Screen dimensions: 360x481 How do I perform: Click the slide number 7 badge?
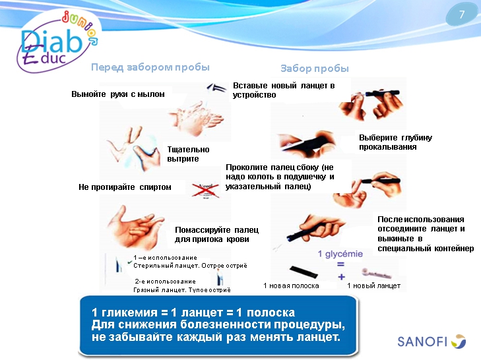[x=461, y=15]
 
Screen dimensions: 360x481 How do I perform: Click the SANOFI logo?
[x=432, y=341]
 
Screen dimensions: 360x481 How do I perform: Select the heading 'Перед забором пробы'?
[x=150, y=67]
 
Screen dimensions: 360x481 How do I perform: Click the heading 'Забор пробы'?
[x=314, y=69]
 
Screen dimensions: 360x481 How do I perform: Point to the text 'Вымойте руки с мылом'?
[x=117, y=94]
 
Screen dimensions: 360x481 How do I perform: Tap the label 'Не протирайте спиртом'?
[x=125, y=187]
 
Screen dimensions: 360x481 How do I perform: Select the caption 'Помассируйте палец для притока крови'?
[x=216, y=234]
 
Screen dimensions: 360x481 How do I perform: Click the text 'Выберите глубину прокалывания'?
[x=395, y=142]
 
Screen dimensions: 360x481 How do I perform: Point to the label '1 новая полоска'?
[x=291, y=285]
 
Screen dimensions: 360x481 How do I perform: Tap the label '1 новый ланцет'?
[x=373, y=285]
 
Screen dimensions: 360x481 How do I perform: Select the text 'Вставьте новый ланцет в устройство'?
[x=284, y=90]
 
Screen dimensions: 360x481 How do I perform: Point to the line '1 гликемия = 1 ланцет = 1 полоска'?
[x=193, y=312]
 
